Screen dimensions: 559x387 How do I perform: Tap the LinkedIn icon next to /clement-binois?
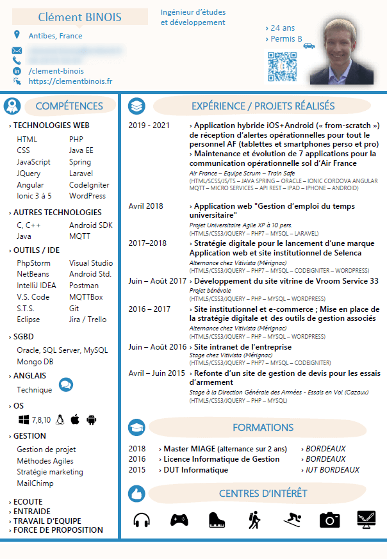[x=17, y=71]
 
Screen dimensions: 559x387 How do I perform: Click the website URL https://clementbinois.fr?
[x=70, y=81]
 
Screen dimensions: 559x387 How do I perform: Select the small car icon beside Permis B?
[x=309, y=45]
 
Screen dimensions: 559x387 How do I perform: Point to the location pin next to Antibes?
[x=17, y=35]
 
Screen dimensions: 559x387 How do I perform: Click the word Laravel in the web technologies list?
[x=81, y=174]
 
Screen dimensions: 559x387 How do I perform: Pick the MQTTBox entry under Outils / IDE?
[x=86, y=297]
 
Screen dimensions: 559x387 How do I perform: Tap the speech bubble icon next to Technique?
[x=65, y=385]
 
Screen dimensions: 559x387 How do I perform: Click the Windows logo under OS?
[x=24, y=420]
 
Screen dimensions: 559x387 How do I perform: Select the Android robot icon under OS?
[x=92, y=420]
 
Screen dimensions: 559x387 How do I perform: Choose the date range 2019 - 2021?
[x=149, y=126]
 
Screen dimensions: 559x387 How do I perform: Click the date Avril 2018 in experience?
[x=146, y=206]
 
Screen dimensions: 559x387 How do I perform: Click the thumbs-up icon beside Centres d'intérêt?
[x=136, y=494]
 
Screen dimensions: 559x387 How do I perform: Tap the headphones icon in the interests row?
[x=142, y=520]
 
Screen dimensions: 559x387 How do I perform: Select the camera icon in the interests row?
[x=329, y=520]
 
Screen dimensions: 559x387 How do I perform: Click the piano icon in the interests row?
[x=218, y=520]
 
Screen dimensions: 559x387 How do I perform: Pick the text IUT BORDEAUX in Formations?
[x=333, y=470]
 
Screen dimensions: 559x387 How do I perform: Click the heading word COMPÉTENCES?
[x=69, y=106]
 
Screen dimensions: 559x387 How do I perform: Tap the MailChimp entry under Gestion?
[x=35, y=483]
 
